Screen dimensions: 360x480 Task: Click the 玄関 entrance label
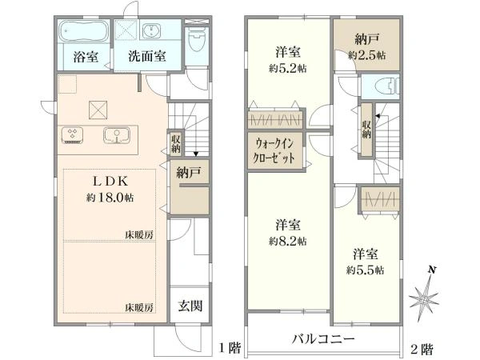tap(189, 306)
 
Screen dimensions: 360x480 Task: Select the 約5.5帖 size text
tap(364, 270)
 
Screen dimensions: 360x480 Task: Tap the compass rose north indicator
tap(425, 298)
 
